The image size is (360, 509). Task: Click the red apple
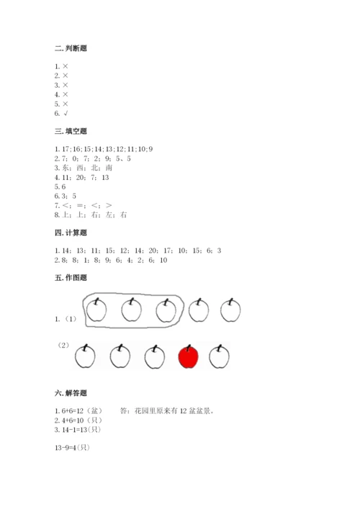(189, 356)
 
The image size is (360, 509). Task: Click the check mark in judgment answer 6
(65, 114)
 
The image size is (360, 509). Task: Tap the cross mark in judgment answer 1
(65, 66)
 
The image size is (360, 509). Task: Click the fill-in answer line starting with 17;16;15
(103, 148)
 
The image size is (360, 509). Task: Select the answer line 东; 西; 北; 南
(83, 168)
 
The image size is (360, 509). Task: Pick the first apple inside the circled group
(96, 310)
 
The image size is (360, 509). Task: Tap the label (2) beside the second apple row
(64, 346)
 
